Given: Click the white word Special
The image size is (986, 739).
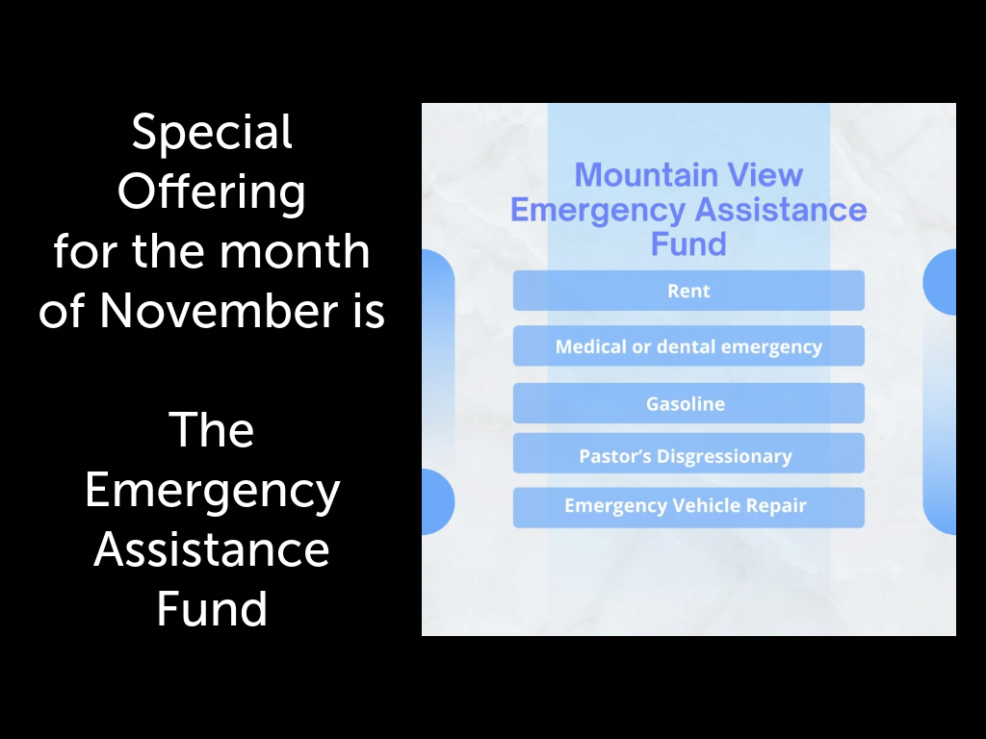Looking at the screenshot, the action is pyautogui.click(x=212, y=133).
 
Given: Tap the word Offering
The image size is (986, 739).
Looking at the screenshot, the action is pyautogui.click(x=212, y=192).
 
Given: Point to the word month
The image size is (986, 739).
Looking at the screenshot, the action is pyautogui.click(x=295, y=251).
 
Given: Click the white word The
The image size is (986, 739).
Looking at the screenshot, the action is pyautogui.click(x=212, y=430).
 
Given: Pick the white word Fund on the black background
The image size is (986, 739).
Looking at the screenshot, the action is pyautogui.click(x=212, y=608).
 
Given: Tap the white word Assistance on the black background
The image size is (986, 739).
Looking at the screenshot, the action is pyautogui.click(x=212, y=549).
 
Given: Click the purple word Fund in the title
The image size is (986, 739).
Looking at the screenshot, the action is pyautogui.click(x=688, y=243).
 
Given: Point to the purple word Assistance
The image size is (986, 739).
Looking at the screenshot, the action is pyautogui.click(x=781, y=209).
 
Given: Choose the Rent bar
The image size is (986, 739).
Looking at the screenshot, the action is pyautogui.click(x=688, y=291).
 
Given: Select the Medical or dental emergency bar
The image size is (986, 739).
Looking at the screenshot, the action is pyautogui.click(x=688, y=345).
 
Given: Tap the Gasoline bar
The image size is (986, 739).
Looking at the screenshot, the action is pyautogui.click(x=688, y=403).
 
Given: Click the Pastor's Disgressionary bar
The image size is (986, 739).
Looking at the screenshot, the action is pyautogui.click(x=688, y=453).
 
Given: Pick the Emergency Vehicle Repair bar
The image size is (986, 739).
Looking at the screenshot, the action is pyautogui.click(x=688, y=507).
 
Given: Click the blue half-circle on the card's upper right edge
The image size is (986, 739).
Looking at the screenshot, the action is pyautogui.click(x=940, y=282).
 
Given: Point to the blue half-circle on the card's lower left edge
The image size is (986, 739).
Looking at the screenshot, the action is pyautogui.click(x=438, y=501).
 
